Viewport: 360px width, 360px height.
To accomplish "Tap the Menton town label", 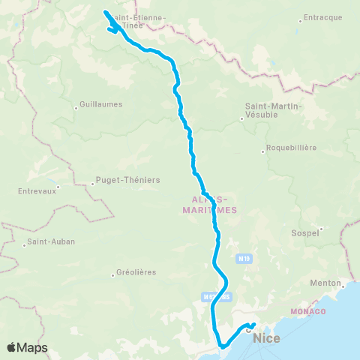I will coord(325,283).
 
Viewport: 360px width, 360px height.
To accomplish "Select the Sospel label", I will coord(304,233).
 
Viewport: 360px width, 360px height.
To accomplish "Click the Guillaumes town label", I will coord(101,105).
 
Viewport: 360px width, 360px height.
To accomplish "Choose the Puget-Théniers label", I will coord(115,181).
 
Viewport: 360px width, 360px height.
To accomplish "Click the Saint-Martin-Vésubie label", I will coord(274,110).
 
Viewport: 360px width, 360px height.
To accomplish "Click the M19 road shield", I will coord(242,259).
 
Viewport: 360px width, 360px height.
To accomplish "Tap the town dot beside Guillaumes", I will coord(76,106).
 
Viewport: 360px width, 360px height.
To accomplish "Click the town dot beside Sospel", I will coord(322,227).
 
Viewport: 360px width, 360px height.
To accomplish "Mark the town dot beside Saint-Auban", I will coord(23,242).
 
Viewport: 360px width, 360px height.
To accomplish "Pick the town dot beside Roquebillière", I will coord(262,150).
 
